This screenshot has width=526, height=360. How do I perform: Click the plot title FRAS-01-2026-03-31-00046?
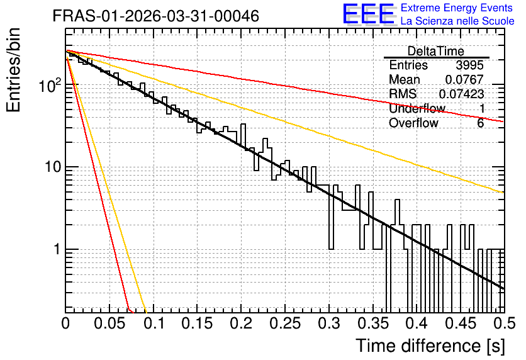click(156, 16)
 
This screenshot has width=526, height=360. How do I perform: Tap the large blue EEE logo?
click(369, 14)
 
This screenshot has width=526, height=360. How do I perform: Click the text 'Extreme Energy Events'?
click(457, 8)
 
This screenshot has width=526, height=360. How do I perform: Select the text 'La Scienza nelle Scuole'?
click(457, 21)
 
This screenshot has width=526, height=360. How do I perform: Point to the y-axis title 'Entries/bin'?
click(13, 70)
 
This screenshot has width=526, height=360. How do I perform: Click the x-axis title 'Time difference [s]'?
click(430, 346)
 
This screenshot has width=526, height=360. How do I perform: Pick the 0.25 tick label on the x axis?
click(285, 323)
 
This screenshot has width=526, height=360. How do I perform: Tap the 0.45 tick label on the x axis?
click(461, 323)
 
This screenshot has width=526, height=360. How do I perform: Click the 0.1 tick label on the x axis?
click(155, 323)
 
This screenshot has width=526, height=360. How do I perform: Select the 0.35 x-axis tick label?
click(372, 323)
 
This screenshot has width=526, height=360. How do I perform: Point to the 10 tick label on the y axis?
click(53, 167)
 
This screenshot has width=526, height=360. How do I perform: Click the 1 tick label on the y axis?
click(57, 250)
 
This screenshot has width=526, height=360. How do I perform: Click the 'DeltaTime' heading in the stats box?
click(436, 51)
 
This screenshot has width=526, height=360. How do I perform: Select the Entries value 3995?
click(469, 65)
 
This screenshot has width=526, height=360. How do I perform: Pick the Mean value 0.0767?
click(464, 79)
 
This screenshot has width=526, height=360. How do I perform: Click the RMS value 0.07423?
click(461, 94)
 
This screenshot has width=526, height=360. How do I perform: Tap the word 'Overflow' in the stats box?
click(413, 123)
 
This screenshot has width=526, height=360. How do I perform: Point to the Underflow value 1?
click(481, 108)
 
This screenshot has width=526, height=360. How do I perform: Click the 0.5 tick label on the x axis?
click(505, 323)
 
